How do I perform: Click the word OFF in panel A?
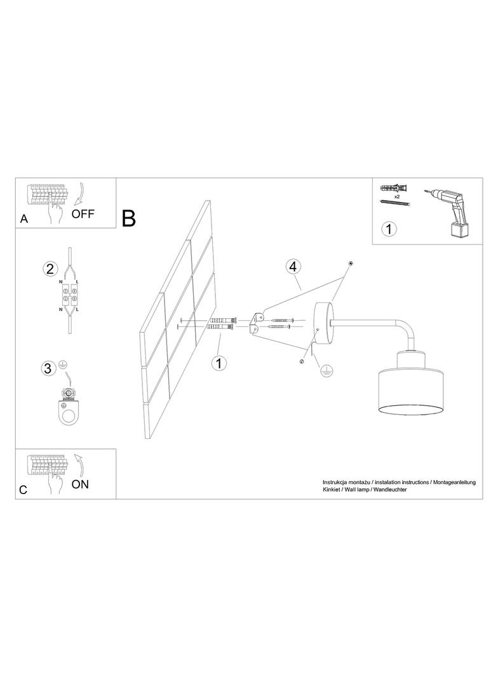pos(83,214)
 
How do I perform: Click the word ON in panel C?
pos(80,485)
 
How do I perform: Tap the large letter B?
pos(129,218)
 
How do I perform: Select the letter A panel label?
pos(24,219)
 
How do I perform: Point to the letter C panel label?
pos(24,490)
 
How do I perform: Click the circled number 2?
pos(50,269)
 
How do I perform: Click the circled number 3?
pos(48,368)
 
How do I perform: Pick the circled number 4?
pos(293,267)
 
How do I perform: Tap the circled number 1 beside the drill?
pos(389,229)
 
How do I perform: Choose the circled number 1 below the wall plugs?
pos(219,363)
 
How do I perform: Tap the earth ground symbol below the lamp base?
pos(327,371)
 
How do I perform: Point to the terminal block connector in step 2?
pos(69,293)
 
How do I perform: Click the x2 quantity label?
pos(398,196)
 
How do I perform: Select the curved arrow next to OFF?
pos(78,193)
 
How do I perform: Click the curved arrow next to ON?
pos(79,464)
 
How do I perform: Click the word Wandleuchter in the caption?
pos(390,489)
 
